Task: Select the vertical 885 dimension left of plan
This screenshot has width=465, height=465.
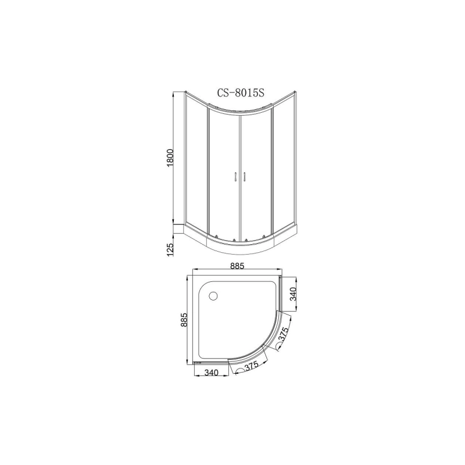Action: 185,320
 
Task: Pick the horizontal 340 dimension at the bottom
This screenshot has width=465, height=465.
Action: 210,373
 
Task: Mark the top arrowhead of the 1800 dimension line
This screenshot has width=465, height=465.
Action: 175,93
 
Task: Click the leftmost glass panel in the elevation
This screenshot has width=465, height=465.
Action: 196,163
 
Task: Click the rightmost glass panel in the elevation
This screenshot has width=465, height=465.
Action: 283,163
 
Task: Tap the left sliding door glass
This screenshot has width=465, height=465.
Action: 223,174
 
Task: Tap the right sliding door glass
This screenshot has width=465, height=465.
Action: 256,174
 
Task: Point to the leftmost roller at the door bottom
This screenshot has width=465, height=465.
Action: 216,236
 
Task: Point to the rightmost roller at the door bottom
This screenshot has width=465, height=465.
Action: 264,236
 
